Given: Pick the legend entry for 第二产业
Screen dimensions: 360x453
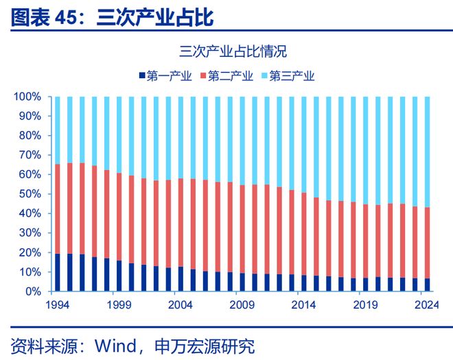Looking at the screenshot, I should pos(226,76).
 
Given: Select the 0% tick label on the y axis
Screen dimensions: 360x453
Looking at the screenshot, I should pos(33,291).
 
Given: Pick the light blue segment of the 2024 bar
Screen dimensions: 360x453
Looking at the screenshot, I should pos(428,152).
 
